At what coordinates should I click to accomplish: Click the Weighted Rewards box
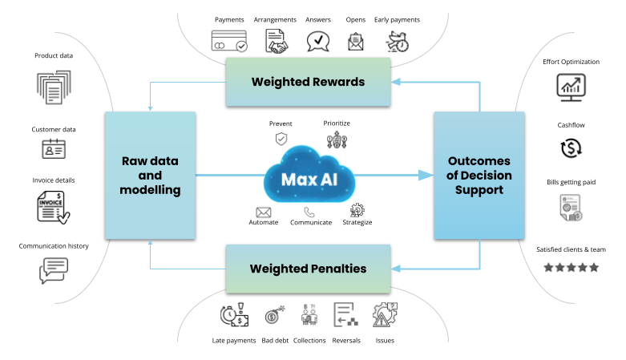(308, 81)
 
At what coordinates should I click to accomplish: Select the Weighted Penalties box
(308, 269)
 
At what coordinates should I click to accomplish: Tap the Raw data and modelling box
(150, 175)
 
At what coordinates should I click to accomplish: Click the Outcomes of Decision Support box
(479, 175)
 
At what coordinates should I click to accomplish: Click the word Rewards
(338, 82)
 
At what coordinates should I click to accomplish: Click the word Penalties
(337, 269)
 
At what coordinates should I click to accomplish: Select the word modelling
(150, 190)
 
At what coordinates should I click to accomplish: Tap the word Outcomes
(479, 160)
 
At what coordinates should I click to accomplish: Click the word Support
(479, 190)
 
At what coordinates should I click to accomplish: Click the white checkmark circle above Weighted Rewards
(241, 47)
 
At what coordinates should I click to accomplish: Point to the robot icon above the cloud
(335, 141)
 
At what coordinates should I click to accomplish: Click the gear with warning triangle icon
(385, 313)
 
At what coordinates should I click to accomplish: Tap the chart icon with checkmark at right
(571, 87)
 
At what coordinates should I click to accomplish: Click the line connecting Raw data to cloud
(228, 175)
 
